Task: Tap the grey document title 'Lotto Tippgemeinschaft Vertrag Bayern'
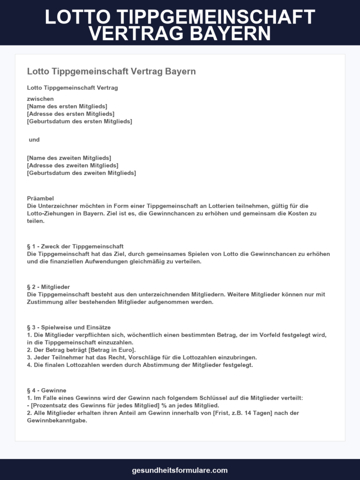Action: coord(111,71)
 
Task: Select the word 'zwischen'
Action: coord(40,98)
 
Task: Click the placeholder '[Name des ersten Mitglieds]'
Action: coord(67,106)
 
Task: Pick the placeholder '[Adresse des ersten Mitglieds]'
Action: coord(71,114)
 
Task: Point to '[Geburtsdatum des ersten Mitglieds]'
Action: coord(80,121)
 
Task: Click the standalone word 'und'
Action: coord(34,140)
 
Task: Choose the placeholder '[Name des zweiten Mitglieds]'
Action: coord(69,158)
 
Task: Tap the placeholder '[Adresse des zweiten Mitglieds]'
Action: coord(73,165)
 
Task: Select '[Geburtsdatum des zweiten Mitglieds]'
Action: coord(82,173)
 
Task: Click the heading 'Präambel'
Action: coord(40,198)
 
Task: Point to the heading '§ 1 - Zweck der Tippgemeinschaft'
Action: coord(75,247)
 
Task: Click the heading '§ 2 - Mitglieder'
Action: coord(49,287)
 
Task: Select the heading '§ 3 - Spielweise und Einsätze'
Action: coord(69,327)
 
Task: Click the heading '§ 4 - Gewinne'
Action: coord(47,390)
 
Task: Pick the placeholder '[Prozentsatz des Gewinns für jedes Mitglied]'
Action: coord(95,405)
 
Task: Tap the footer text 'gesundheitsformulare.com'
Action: coord(180,470)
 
